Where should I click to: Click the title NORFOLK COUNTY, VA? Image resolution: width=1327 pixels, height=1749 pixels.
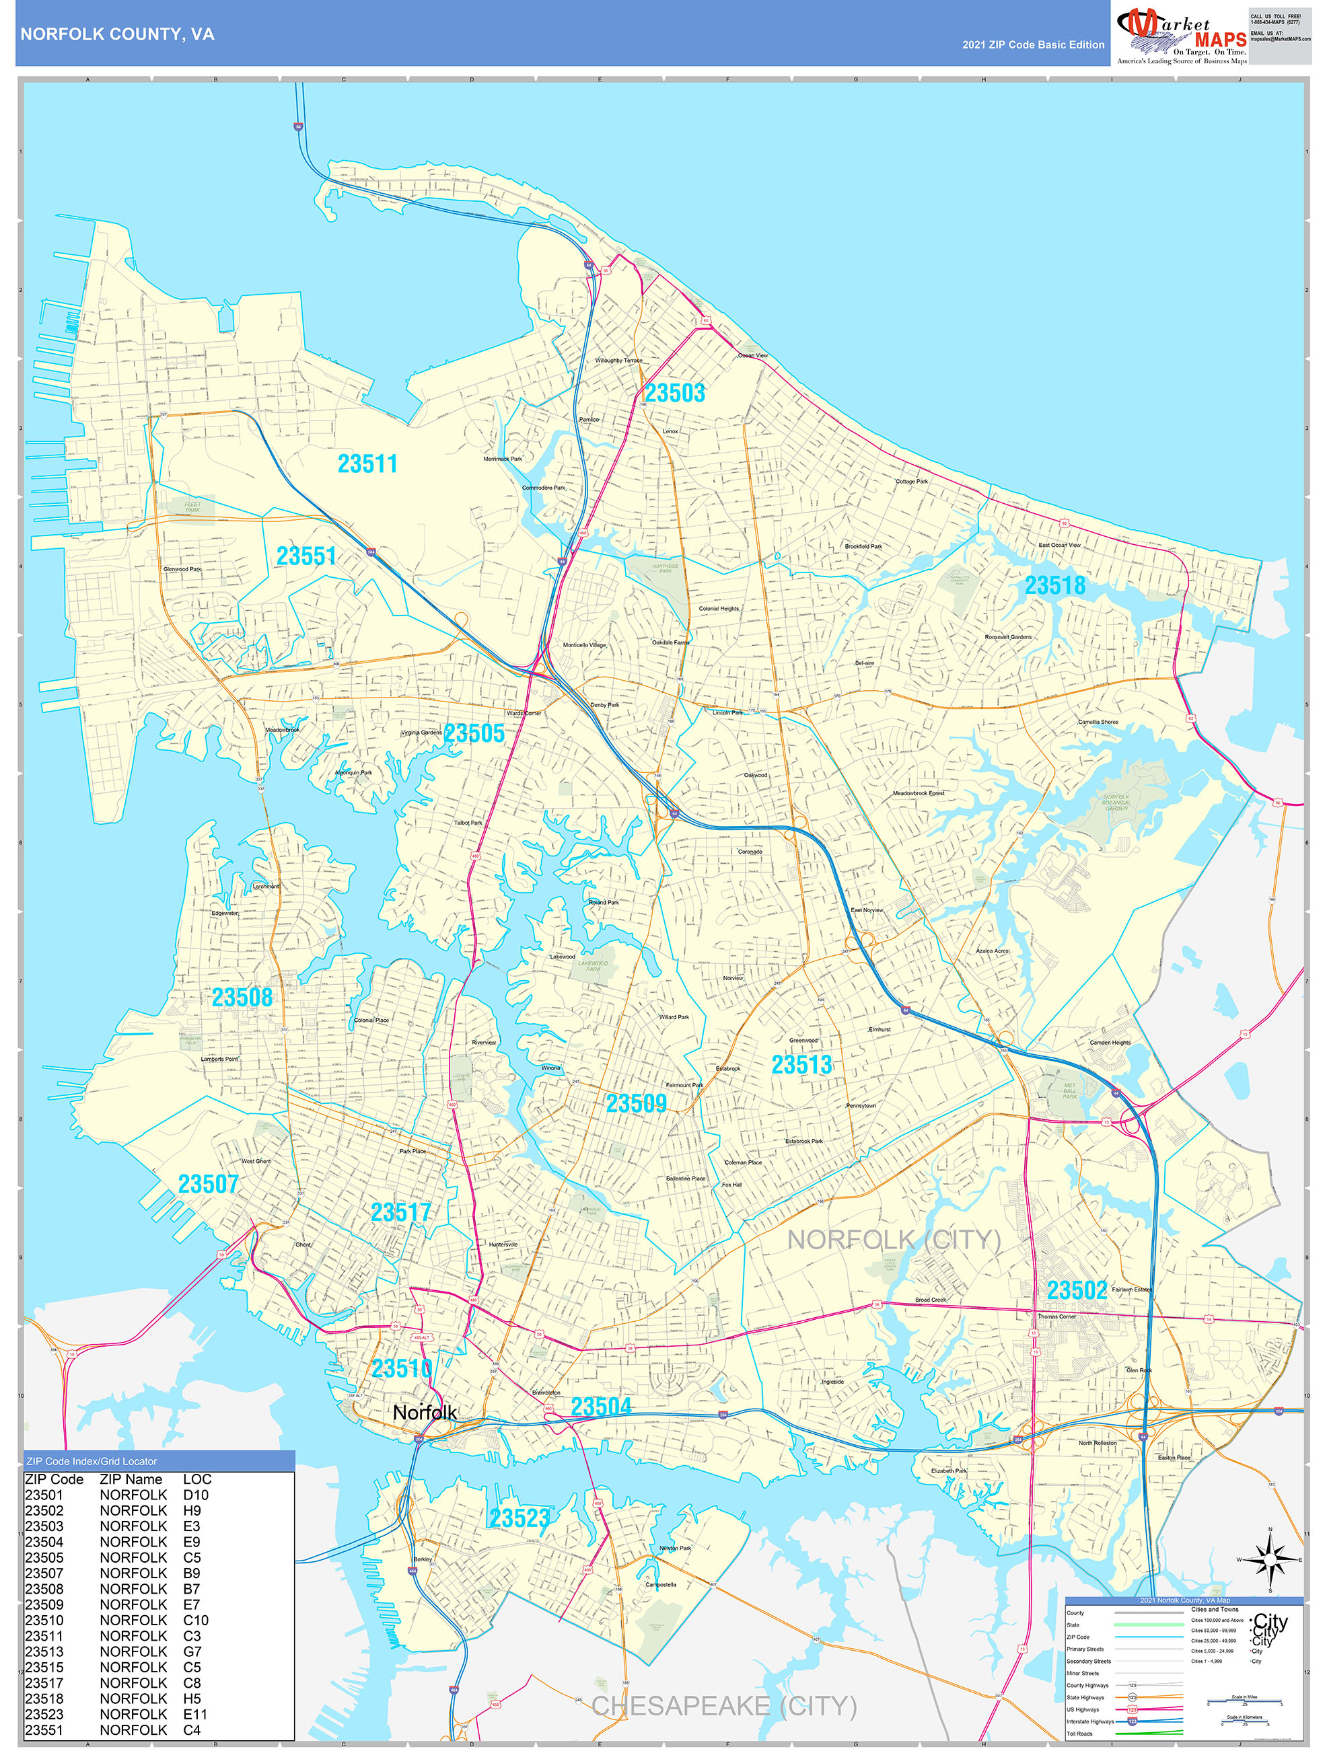pos(117,34)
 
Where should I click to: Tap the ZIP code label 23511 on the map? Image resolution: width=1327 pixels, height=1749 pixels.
pos(367,464)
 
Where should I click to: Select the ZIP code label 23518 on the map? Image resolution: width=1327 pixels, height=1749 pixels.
pos(1055,586)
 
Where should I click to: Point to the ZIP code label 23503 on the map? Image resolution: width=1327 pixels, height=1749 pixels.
pos(674,393)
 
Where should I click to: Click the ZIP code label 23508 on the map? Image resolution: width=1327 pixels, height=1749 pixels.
pos(242,998)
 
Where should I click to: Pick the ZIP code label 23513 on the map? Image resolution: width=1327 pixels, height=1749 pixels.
pos(802,1065)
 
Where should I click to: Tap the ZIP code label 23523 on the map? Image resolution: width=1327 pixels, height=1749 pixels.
pos(519,1518)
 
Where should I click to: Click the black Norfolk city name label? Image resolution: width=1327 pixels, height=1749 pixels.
pos(425,1412)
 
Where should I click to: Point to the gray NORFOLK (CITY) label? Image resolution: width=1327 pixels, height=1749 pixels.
pos(894,1240)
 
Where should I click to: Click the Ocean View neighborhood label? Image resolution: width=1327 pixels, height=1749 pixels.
pos(753,356)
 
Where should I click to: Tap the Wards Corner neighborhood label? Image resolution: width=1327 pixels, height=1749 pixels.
pos(524,713)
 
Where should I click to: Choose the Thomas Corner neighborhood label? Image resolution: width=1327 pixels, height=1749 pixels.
pos(1056,1316)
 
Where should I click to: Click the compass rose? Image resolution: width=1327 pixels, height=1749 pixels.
pos(1270,1560)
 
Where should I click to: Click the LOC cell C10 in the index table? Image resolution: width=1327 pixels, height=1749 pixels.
pos(196,1620)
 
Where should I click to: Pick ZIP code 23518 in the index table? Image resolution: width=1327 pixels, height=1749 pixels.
pos(44,1699)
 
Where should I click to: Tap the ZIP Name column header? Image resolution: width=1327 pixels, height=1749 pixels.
pos(131,1479)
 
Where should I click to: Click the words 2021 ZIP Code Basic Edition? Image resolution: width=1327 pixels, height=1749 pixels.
pos(1033,45)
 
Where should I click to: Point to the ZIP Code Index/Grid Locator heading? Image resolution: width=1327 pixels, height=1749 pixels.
pos(92,1461)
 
